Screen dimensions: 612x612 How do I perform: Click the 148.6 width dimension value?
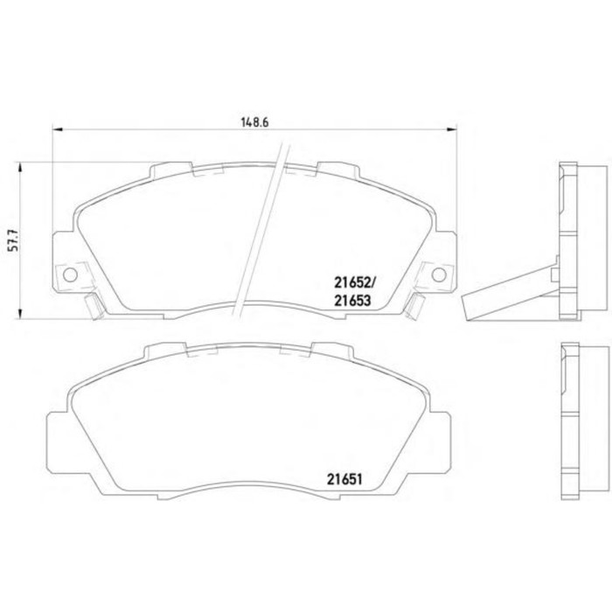tap(255, 122)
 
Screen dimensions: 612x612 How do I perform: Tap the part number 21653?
tap(351, 301)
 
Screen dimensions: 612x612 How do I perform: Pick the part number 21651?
tap(344, 479)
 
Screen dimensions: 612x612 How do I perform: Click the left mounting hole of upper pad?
tap(70, 275)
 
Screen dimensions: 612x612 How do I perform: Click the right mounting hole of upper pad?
tap(439, 275)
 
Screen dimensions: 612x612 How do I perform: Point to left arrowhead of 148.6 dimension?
tap(58, 129)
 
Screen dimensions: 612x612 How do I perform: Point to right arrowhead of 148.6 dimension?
tap(452, 129)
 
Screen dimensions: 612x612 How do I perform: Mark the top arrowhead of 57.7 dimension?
tap(20, 168)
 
